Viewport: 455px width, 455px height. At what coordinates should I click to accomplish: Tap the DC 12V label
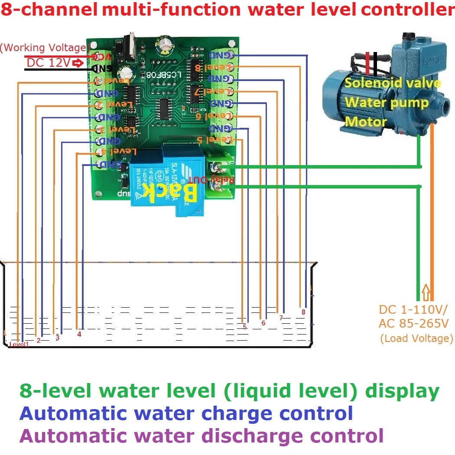[48, 63]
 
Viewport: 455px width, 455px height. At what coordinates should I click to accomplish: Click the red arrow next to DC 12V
[78, 63]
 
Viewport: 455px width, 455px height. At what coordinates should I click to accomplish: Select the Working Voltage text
[45, 48]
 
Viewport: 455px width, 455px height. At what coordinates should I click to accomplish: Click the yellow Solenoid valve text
[393, 83]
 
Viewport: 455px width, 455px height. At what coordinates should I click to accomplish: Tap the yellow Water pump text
[387, 103]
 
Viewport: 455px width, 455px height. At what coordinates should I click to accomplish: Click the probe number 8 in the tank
[303, 312]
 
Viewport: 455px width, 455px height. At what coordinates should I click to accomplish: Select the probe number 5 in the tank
[245, 327]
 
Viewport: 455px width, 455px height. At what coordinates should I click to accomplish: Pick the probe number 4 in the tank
[79, 334]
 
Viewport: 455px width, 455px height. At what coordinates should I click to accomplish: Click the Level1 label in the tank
[19, 344]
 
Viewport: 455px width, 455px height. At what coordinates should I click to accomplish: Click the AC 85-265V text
[413, 324]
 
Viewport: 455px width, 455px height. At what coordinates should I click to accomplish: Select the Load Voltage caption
[416, 338]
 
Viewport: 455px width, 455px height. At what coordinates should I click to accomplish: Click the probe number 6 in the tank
[263, 323]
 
